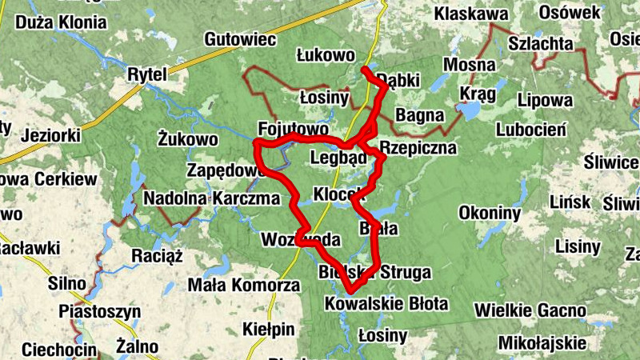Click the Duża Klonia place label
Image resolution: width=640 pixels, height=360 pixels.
pos(60,22)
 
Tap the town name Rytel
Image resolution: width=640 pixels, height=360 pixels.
pos(146,74)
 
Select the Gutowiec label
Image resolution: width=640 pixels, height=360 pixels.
pos(240,38)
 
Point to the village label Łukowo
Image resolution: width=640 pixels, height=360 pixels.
pos(325,55)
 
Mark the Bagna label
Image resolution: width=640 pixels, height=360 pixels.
pos(419,115)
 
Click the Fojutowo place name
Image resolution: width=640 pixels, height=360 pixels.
pos(294,129)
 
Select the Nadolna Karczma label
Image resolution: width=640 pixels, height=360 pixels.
pos(211,198)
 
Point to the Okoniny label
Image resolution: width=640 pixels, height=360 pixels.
pos(490,213)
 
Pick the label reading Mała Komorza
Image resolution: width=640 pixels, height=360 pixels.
pos(243,285)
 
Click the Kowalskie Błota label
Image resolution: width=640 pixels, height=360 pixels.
pos(386,304)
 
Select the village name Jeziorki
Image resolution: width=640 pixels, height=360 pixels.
pos(53,134)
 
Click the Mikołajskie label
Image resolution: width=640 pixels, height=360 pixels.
pos(542,343)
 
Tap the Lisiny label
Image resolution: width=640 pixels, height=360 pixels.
pos(578,246)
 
